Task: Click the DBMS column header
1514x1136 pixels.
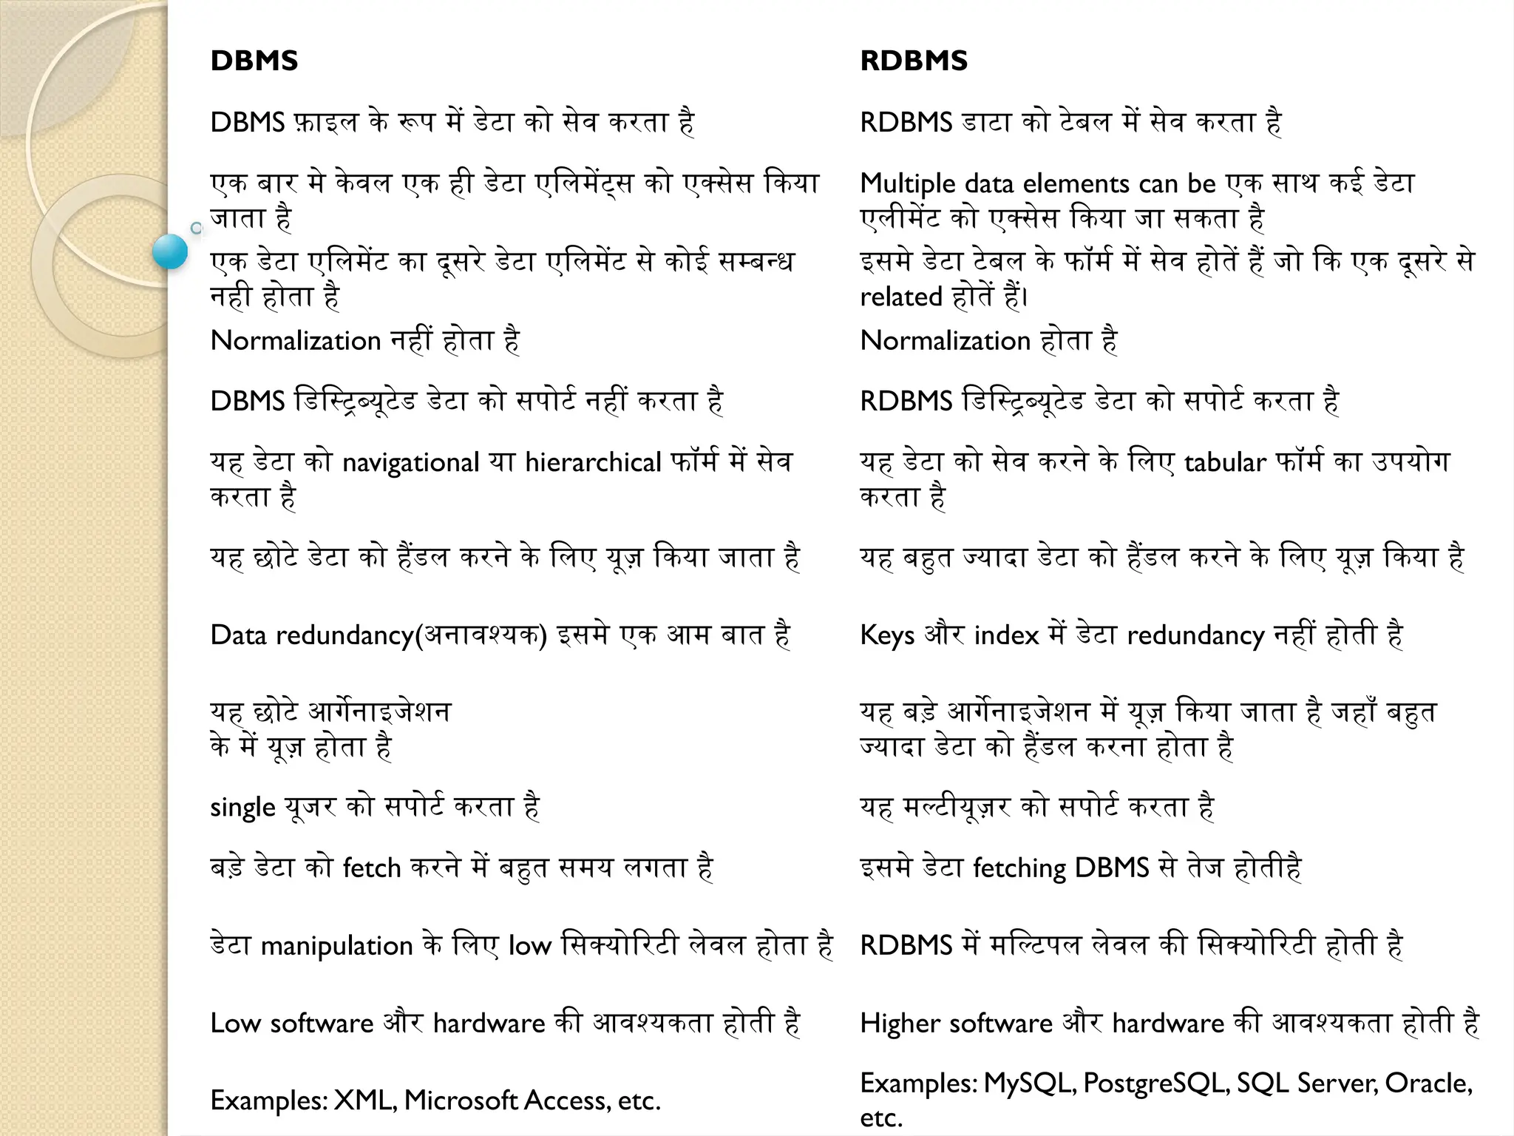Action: (254, 61)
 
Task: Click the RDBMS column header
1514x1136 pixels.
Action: (914, 61)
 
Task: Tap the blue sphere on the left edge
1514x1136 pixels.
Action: (171, 251)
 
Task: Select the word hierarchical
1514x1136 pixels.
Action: (593, 463)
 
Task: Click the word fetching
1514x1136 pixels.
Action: (1019, 868)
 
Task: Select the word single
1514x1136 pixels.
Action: (242, 808)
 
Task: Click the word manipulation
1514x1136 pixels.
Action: (336, 947)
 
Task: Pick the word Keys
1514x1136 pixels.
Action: (887, 635)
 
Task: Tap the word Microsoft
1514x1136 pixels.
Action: (461, 1100)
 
